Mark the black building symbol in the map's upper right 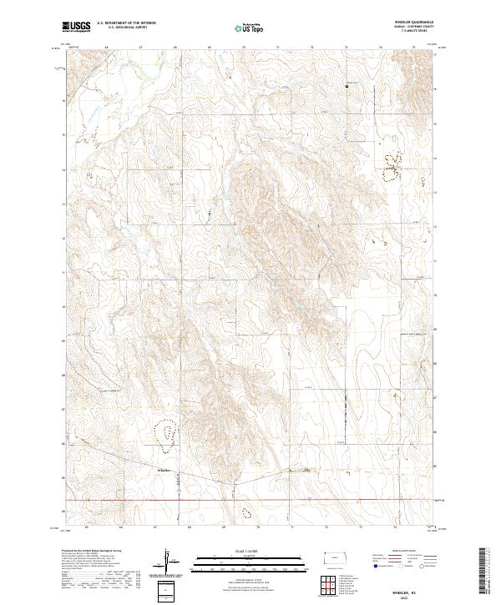(x=347, y=85)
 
